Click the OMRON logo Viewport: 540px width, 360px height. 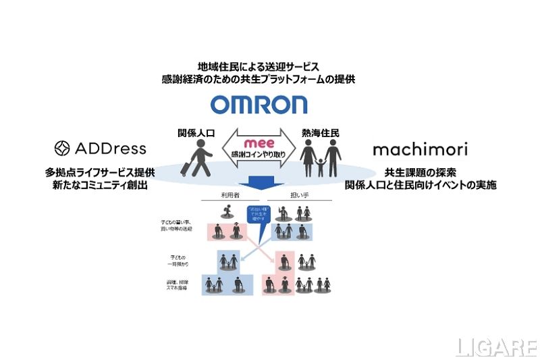click(259, 105)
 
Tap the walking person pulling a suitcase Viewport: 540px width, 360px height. click(200, 157)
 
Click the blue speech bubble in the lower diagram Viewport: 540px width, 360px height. click(259, 217)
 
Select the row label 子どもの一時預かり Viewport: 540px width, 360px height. click(178, 261)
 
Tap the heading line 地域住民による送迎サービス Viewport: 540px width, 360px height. click(259, 66)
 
